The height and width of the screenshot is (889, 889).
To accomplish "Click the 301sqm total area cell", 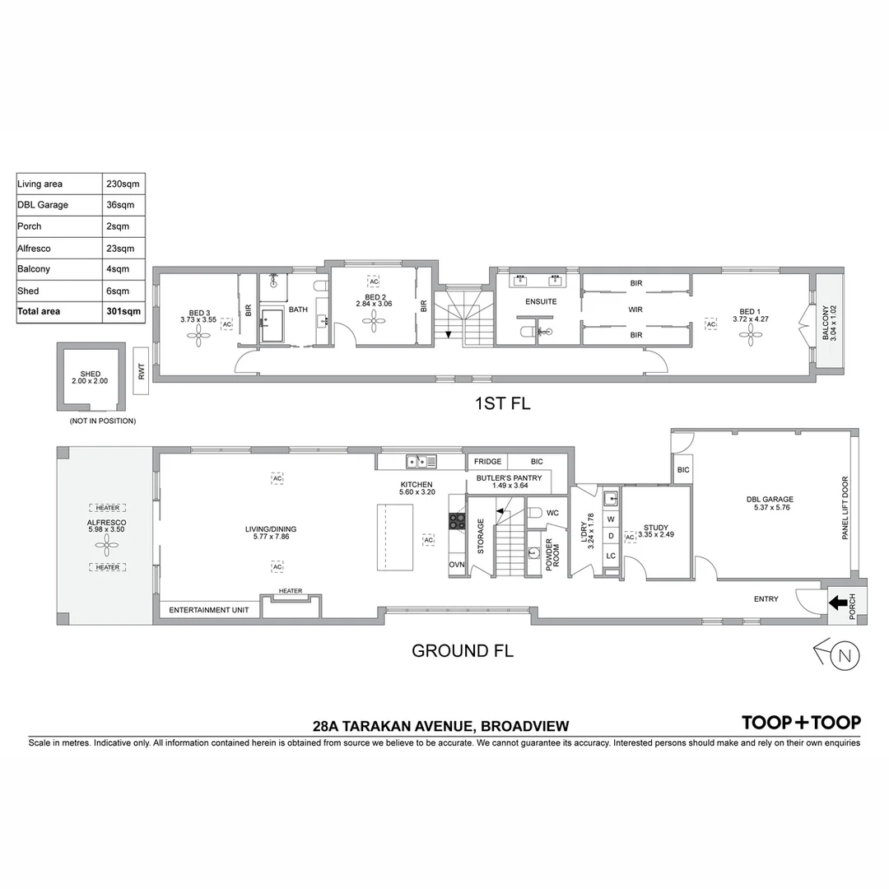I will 124,312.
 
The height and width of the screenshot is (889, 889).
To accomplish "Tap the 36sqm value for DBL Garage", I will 120,205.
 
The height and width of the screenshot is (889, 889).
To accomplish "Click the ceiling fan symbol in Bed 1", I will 749,331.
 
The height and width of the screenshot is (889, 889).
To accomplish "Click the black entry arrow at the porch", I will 838,603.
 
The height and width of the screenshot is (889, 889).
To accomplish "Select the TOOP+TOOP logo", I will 801,723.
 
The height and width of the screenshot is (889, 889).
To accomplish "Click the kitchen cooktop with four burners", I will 457,520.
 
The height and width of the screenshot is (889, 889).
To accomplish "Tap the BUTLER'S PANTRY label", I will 509,477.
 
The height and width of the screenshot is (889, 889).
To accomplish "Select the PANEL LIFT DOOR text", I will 845,509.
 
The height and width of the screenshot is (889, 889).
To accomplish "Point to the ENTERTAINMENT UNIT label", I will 208,611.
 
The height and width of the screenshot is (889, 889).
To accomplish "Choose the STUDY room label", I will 656,528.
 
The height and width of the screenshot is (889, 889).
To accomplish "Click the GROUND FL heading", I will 462,651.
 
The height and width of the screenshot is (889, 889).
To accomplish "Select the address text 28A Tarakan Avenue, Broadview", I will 440,726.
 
